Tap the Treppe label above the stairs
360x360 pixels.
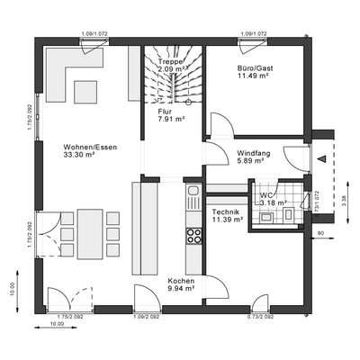tap(170, 61)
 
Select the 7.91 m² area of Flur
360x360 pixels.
tap(171, 118)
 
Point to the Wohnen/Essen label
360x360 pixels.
tap(90, 146)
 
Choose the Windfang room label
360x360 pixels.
tap(253, 152)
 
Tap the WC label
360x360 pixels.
tap(266, 194)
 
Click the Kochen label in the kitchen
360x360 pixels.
tap(180, 281)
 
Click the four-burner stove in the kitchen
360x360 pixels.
tap(193, 236)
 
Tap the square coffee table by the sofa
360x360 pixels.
tap(86, 91)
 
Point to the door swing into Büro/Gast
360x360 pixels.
tap(220, 125)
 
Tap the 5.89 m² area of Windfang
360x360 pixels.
tap(253, 161)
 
